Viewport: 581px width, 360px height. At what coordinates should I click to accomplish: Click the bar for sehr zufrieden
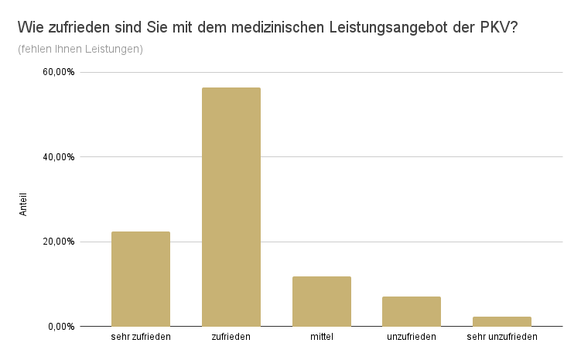pyautogui.click(x=140, y=279)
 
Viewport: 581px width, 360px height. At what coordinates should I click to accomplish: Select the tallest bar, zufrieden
pyautogui.click(x=231, y=207)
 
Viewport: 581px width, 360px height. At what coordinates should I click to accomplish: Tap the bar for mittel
pyautogui.click(x=321, y=301)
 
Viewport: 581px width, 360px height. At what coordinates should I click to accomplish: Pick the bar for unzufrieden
pyautogui.click(x=412, y=311)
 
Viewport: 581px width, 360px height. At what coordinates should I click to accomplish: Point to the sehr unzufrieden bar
pyautogui.click(x=502, y=321)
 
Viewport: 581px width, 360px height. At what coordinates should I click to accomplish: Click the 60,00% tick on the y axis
pyautogui.click(x=59, y=72)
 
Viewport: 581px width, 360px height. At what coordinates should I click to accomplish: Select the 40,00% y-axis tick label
pyautogui.click(x=59, y=157)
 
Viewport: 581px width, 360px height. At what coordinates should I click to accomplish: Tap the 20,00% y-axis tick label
pyautogui.click(x=59, y=242)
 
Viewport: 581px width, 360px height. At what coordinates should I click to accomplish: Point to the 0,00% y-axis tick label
pyautogui.click(x=61, y=326)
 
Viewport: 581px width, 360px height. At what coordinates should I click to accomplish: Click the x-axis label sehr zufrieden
pyautogui.click(x=141, y=337)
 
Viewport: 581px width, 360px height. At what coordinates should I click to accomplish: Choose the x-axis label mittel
pyautogui.click(x=321, y=337)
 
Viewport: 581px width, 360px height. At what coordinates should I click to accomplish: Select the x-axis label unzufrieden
pyautogui.click(x=412, y=337)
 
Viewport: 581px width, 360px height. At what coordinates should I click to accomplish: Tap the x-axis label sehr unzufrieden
pyautogui.click(x=502, y=337)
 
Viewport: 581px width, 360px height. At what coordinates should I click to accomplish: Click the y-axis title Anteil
pyautogui.click(x=23, y=203)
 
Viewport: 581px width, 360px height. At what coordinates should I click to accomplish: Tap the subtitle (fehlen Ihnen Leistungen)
pyautogui.click(x=80, y=50)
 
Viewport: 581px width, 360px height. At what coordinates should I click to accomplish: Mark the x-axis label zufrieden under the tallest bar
pyautogui.click(x=231, y=337)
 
